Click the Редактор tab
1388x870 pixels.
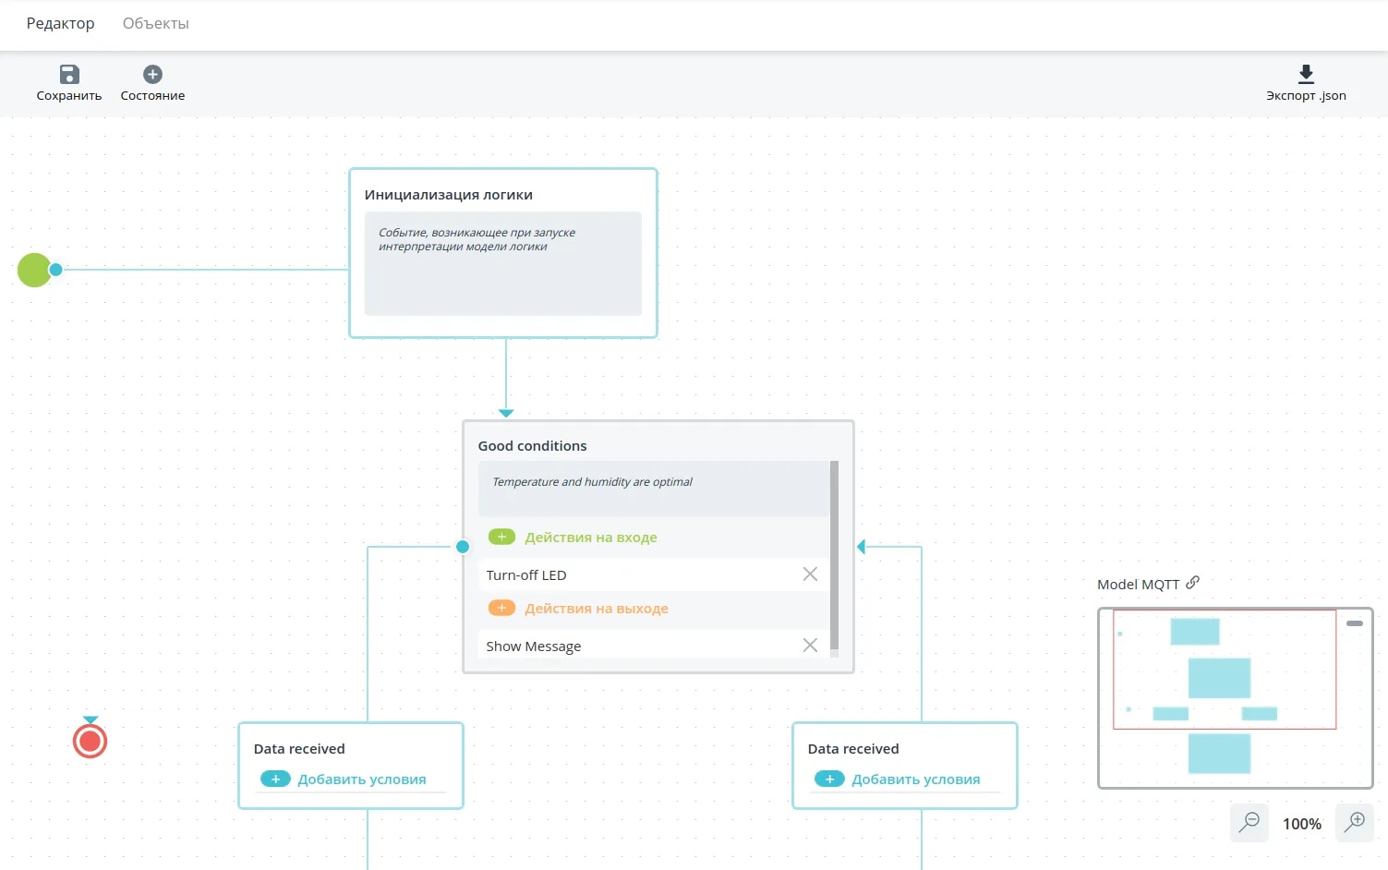(x=60, y=23)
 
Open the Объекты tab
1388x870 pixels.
(x=155, y=23)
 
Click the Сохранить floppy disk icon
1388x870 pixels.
(x=69, y=75)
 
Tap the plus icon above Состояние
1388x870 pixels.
(x=152, y=75)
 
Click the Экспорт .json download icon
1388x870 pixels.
(x=1306, y=75)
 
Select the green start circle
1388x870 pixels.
(x=34, y=270)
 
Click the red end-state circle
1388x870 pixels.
(x=90, y=741)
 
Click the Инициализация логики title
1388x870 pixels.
(x=449, y=195)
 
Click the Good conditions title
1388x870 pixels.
(x=532, y=445)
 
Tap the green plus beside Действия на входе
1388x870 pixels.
(x=501, y=537)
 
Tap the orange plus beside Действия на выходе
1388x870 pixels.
(x=501, y=608)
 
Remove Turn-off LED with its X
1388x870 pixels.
(x=810, y=574)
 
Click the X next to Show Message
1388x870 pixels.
(x=810, y=645)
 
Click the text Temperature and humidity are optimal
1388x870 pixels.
(x=592, y=481)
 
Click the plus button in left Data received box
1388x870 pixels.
(x=276, y=779)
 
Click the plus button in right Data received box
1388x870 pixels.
(x=829, y=779)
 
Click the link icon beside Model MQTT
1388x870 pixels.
(x=1193, y=583)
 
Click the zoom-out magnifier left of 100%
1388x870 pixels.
(x=1249, y=822)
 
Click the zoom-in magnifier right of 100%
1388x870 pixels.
(x=1355, y=822)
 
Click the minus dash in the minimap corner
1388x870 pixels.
(x=1355, y=623)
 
